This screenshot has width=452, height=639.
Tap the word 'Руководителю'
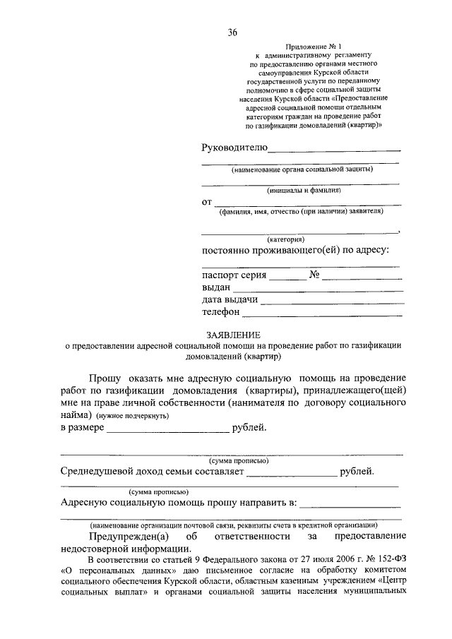click(234, 147)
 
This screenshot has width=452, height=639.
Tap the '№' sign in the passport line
click(315, 275)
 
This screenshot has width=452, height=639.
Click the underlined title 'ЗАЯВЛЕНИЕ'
click(233, 335)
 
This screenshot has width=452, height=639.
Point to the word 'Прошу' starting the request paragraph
click(106, 378)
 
